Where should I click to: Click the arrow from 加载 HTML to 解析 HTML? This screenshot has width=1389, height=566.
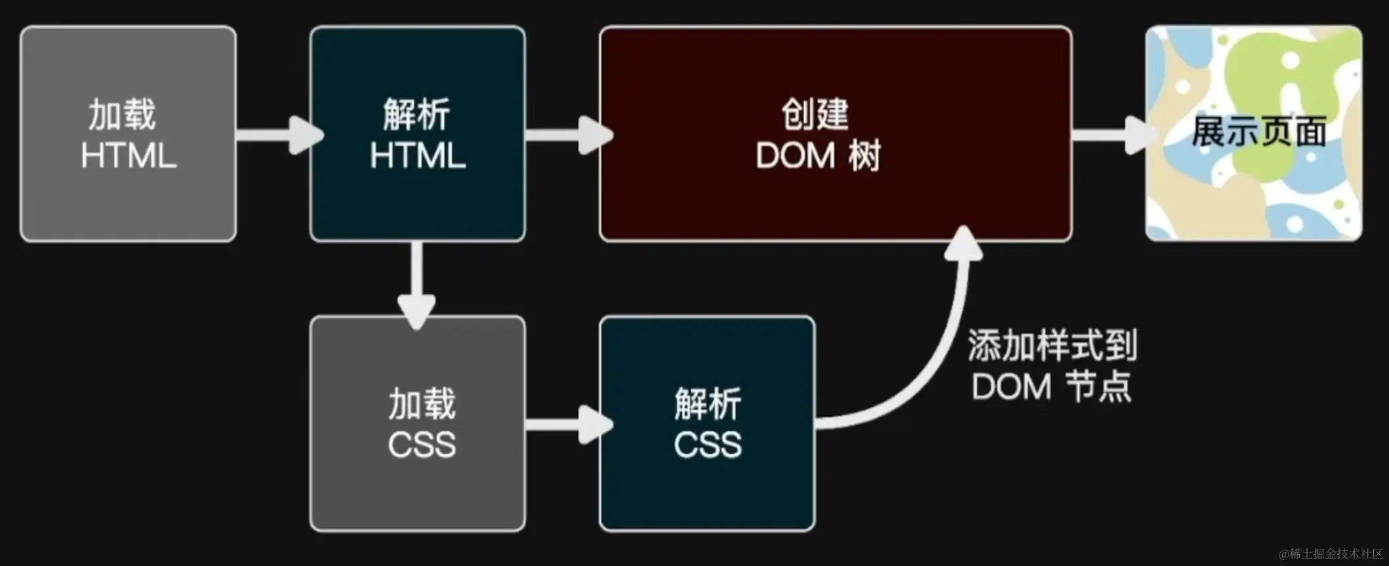click(279, 135)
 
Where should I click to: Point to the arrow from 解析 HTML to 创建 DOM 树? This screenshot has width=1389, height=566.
click(568, 135)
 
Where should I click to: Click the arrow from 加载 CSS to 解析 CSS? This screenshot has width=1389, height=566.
click(568, 424)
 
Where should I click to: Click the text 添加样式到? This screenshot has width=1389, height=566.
click(1052, 346)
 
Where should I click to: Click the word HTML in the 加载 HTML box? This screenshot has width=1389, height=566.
click(129, 156)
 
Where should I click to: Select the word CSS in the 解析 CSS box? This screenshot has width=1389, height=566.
click(708, 445)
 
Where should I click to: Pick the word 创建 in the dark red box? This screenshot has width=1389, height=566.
click(815, 114)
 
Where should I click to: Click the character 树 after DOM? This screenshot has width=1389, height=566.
click(864, 156)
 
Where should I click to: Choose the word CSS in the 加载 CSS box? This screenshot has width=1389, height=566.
click(421, 445)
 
